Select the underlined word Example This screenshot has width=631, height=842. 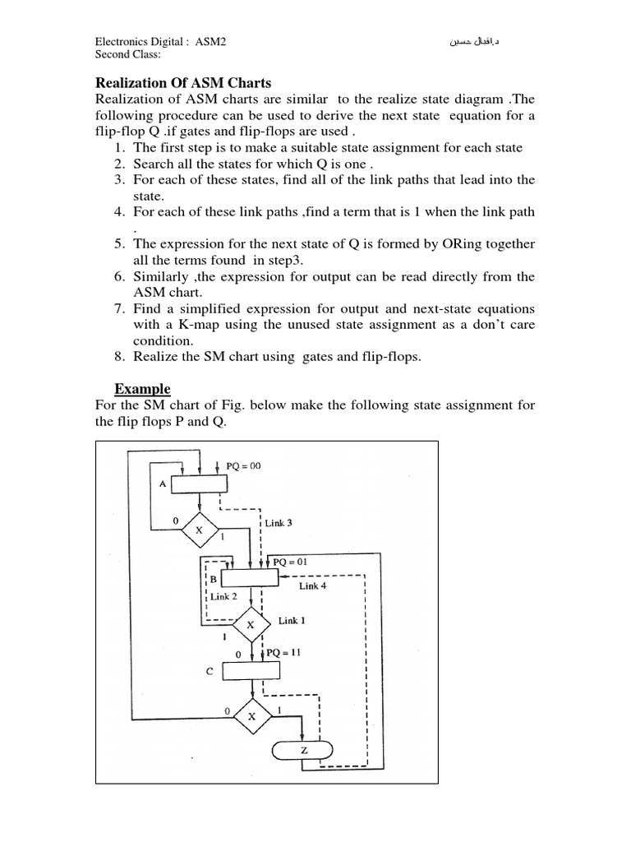click(x=142, y=389)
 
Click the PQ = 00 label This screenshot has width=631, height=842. click(x=242, y=466)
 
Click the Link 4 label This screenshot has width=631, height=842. click(x=313, y=586)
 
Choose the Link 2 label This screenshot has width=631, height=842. click(x=223, y=597)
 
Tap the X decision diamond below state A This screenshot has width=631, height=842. click(x=198, y=530)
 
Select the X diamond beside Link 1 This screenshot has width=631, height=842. click(x=251, y=625)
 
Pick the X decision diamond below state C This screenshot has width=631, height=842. click(x=252, y=716)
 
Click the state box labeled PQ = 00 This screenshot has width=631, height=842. click(x=197, y=484)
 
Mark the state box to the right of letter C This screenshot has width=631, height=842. click(x=251, y=671)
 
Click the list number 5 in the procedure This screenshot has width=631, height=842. click(x=119, y=244)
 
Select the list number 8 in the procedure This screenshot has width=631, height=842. click(x=119, y=356)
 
